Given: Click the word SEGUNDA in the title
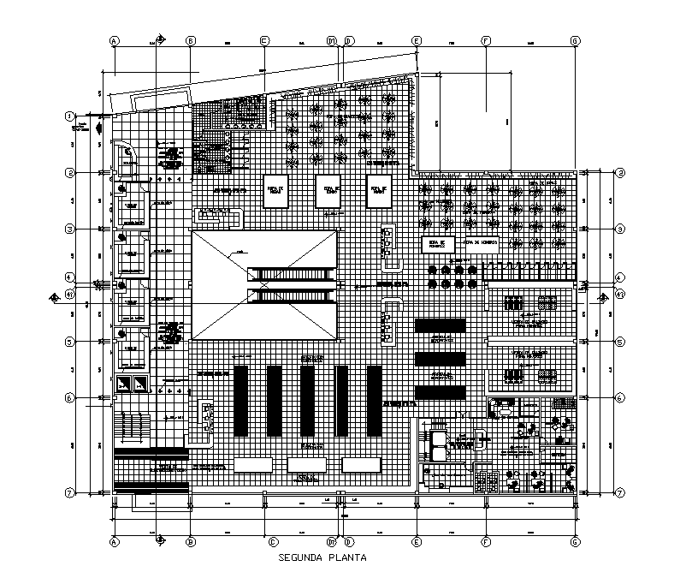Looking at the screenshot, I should pos(303,558).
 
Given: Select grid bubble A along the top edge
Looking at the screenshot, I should pos(114,40).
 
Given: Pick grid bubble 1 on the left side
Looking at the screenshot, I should pos(69,116).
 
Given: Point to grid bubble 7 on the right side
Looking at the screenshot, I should pos(620,492).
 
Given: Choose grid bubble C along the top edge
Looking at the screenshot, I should pos(264,40).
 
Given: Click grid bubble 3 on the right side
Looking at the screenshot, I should pos(620,229).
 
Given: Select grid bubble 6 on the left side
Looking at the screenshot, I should pos(69,398).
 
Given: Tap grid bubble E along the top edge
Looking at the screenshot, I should pos(417,40).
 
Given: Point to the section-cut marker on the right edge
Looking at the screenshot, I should pos(604,297).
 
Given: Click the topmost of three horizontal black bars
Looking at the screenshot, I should pos(441,326).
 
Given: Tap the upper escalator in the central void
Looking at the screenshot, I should pos(292,275).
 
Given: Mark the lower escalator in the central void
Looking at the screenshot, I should pos(292,296).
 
